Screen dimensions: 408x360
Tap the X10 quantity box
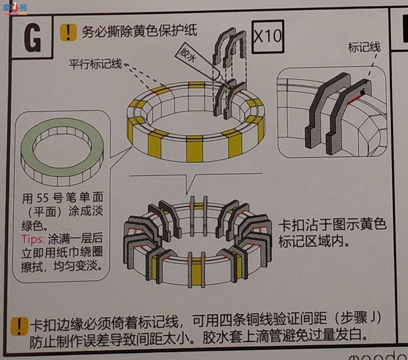(x=268, y=37)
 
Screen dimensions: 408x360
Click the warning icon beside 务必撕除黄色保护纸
(x=68, y=32)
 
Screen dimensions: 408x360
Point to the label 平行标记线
(x=96, y=64)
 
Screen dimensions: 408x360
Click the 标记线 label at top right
(x=364, y=47)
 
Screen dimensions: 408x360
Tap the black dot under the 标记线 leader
(x=363, y=93)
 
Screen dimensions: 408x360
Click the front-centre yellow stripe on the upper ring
(x=195, y=149)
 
